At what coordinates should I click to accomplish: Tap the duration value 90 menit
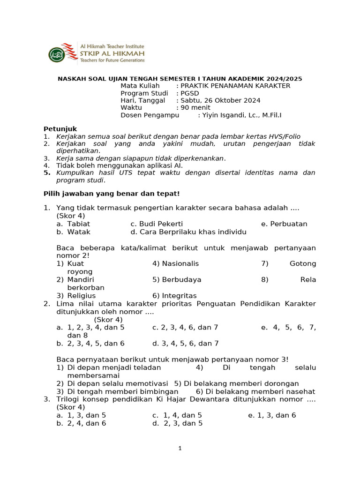pyautogui.click(x=195, y=108)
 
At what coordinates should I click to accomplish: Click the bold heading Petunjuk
pyautogui.click(x=60, y=129)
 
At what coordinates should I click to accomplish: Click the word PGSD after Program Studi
pyautogui.click(x=190, y=93)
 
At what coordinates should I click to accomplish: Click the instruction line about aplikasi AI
pyautogui.click(x=120, y=165)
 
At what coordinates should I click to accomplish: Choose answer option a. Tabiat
pyautogui.click(x=74, y=224)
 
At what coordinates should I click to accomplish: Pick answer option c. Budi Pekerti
pyautogui.click(x=157, y=224)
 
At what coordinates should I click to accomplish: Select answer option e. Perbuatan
pyautogui.click(x=285, y=224)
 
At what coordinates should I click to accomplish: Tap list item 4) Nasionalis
pyautogui.click(x=176, y=263)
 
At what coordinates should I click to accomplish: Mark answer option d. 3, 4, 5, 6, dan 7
pyautogui.click(x=186, y=344)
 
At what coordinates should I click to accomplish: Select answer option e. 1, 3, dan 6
pyautogui.click(x=272, y=415)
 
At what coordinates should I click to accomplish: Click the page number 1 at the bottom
pyautogui.click(x=180, y=449)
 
